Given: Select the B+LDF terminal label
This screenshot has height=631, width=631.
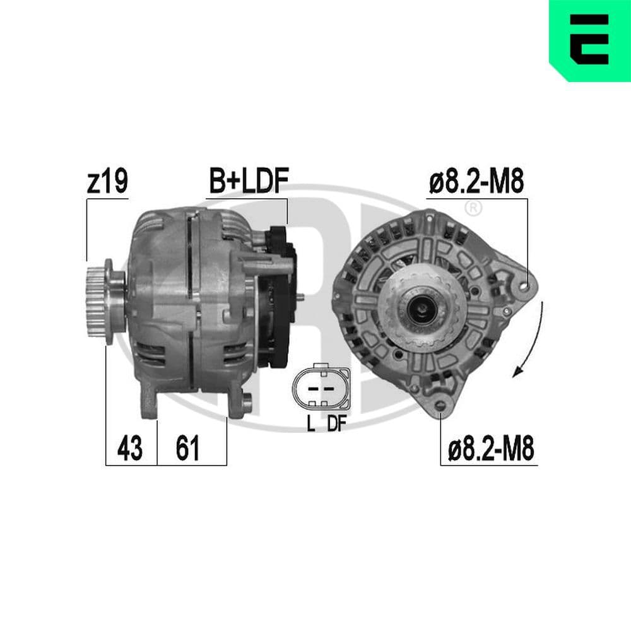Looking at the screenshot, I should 249,182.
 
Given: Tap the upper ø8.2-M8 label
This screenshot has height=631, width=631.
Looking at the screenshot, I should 476,182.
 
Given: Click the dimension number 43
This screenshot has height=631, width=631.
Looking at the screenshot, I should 130,449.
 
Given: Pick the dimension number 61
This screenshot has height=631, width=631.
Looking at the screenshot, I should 187,449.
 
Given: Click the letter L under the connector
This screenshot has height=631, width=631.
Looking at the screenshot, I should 310,424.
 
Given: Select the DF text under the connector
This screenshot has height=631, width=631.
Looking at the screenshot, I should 336,424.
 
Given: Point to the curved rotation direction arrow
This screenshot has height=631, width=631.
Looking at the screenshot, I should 532,341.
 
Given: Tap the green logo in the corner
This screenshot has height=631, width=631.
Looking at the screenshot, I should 589,40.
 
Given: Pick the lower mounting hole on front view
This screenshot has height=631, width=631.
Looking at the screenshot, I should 441,406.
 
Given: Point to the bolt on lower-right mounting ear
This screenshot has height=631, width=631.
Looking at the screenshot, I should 247,399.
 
